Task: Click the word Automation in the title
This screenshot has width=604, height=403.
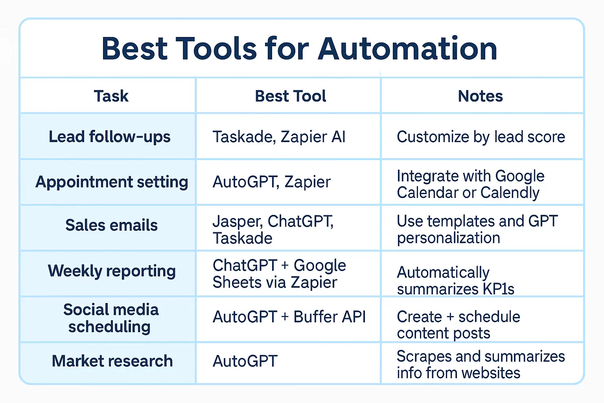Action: click(408, 48)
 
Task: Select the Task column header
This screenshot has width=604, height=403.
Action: click(111, 96)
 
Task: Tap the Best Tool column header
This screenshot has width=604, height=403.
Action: click(291, 96)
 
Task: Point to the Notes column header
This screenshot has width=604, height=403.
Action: click(480, 96)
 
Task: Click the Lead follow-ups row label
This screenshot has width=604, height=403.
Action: click(109, 137)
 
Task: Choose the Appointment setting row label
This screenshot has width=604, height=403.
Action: click(112, 182)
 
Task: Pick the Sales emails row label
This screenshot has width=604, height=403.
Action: click(111, 225)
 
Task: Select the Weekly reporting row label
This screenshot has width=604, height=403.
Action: click(112, 271)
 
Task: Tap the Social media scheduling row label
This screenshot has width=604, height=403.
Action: click(110, 318)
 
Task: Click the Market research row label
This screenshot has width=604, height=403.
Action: click(112, 361)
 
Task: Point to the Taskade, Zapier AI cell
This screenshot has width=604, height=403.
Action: click(279, 137)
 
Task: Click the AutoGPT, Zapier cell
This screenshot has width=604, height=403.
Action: click(272, 182)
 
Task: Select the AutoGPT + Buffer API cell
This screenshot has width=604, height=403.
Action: click(289, 317)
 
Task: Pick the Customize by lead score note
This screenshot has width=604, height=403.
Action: click(481, 137)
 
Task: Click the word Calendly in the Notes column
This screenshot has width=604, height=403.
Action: click(510, 193)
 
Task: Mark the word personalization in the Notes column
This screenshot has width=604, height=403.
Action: click(448, 238)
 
